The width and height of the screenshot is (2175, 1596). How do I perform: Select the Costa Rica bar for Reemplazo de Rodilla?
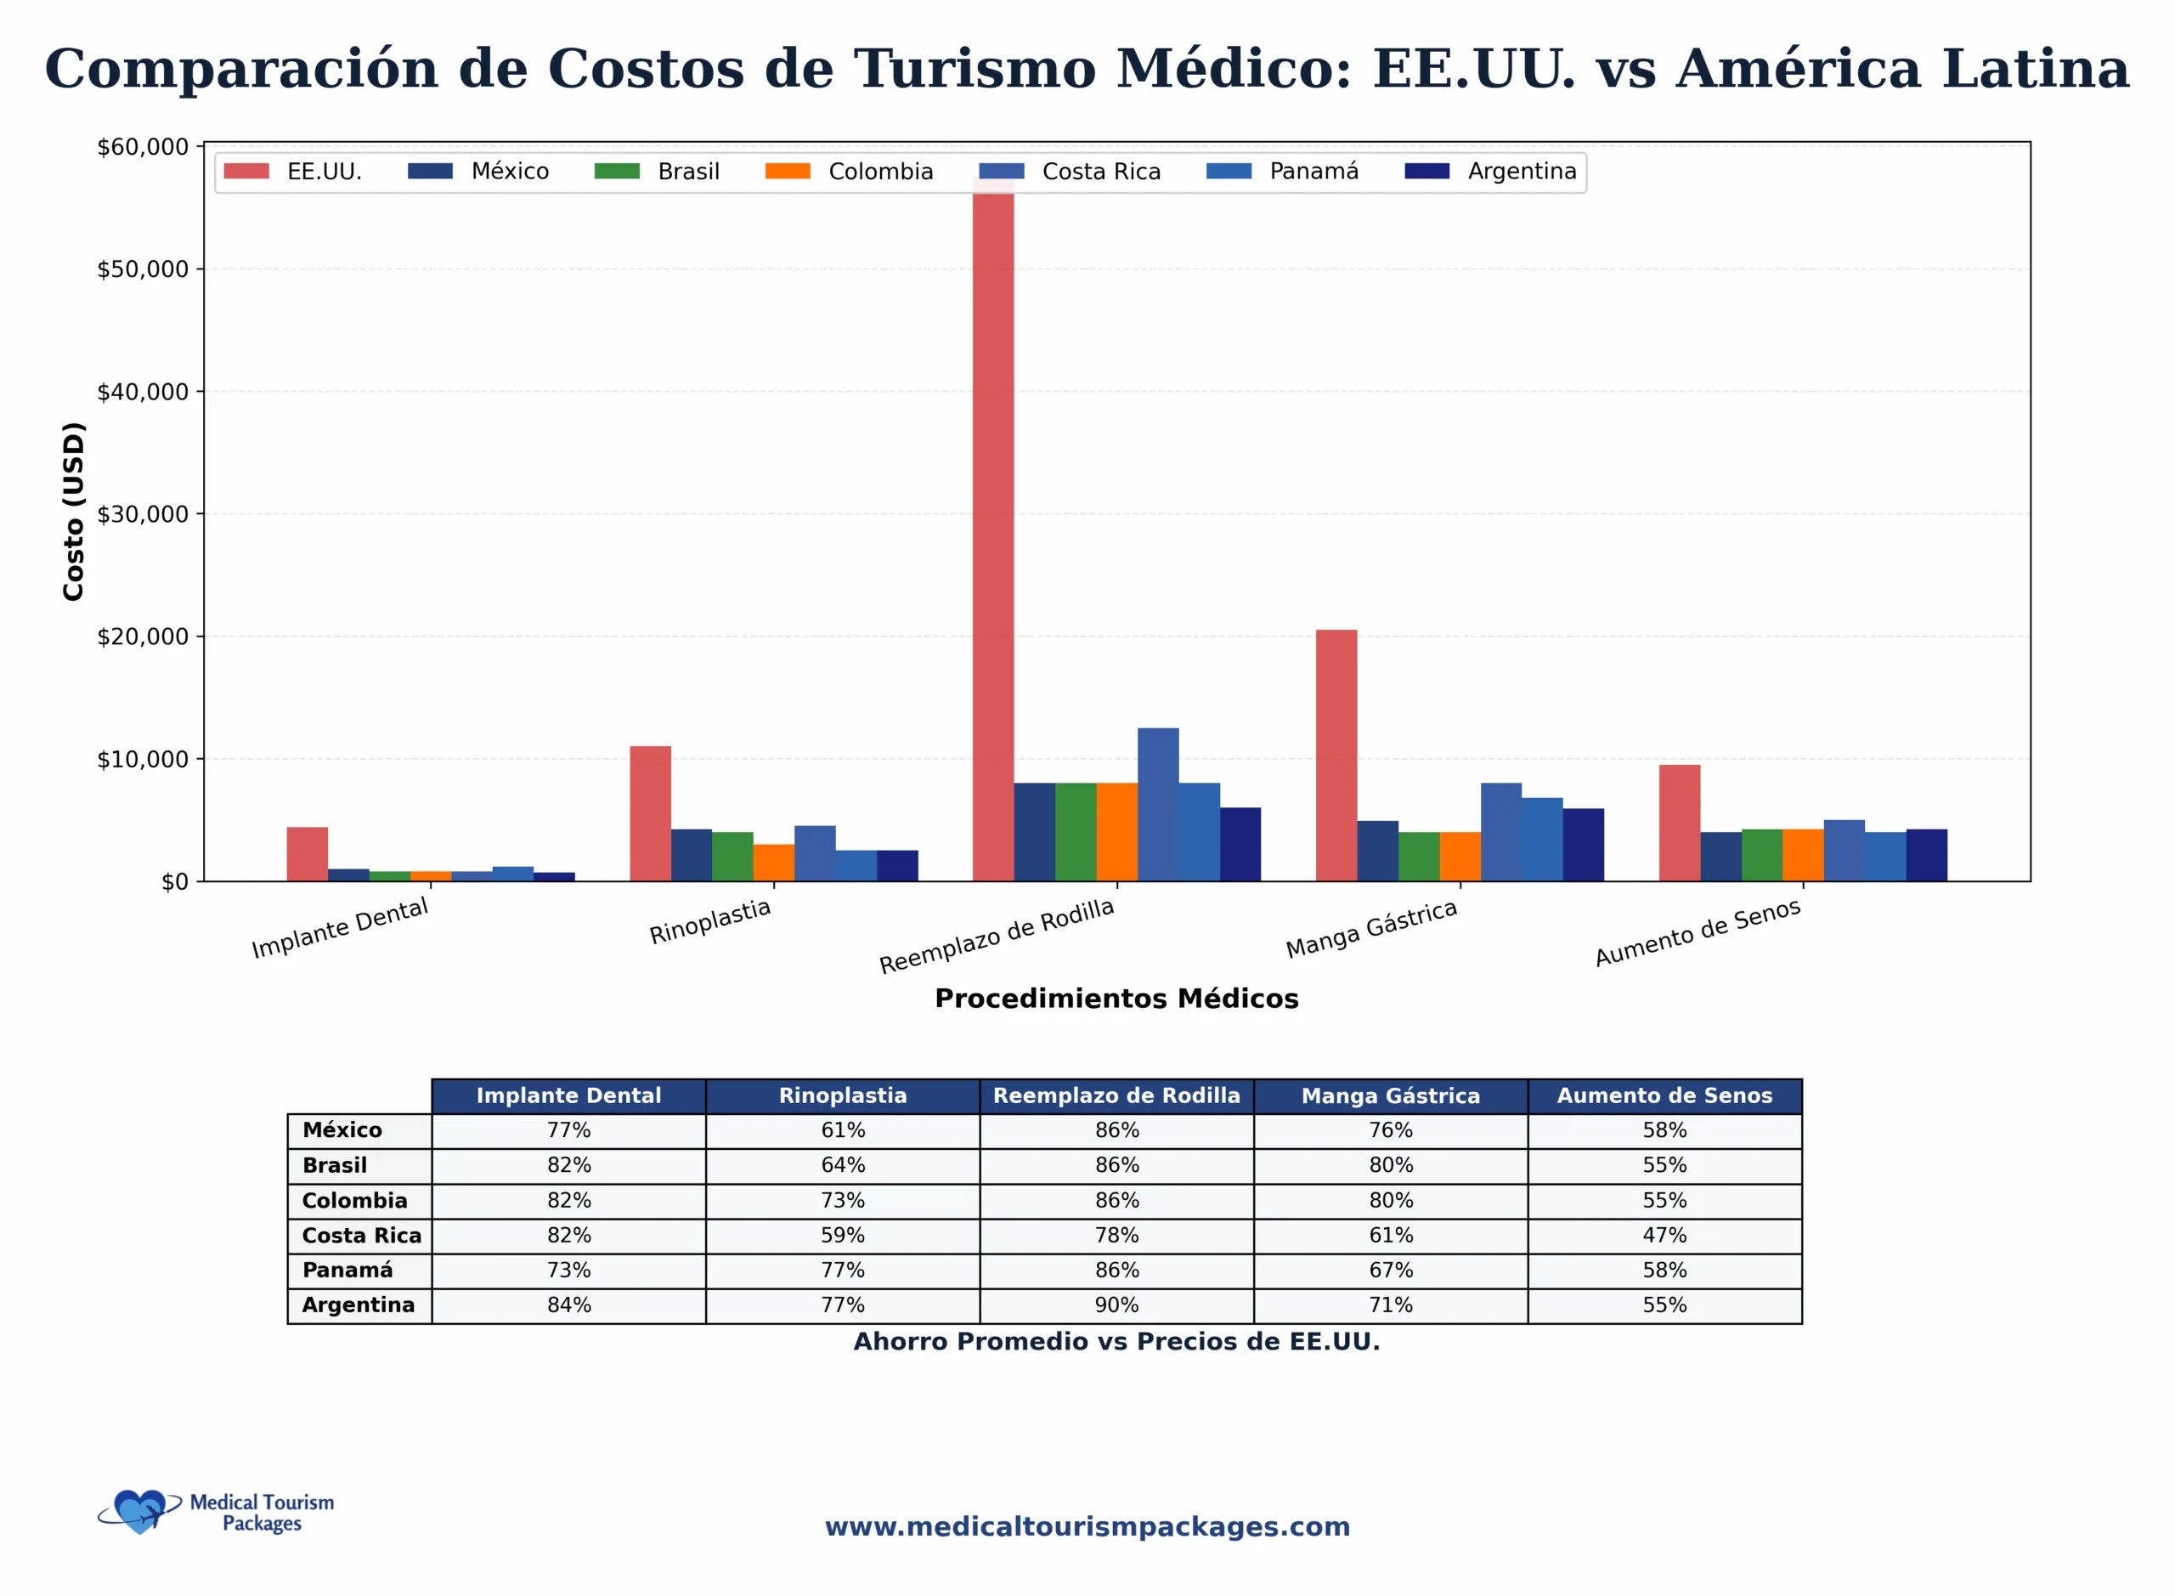tap(1158, 804)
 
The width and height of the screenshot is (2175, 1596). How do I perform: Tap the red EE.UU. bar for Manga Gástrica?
tap(1336, 755)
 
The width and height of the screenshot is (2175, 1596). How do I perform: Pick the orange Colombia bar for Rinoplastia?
tap(774, 863)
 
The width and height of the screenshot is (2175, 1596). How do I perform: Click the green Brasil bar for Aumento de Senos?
tap(1761, 855)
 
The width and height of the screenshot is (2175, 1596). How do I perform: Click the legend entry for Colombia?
tap(849, 172)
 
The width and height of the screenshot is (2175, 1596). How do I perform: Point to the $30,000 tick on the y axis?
tap(143, 514)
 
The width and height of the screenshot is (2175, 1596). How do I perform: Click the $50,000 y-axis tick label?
tap(143, 269)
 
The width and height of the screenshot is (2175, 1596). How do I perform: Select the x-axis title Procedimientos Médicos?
tap(1116, 999)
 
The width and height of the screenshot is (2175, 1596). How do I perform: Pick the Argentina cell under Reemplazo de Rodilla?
tap(1116, 1305)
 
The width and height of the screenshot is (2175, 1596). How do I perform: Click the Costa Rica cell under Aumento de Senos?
tap(1664, 1236)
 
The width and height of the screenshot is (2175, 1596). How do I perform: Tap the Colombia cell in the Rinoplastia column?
tap(842, 1201)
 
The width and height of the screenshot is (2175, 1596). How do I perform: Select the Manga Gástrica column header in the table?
tap(1390, 1096)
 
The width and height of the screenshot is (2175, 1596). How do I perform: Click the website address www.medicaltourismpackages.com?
tap(1087, 1526)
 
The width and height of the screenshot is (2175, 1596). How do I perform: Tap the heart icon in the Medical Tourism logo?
tap(140, 1511)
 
